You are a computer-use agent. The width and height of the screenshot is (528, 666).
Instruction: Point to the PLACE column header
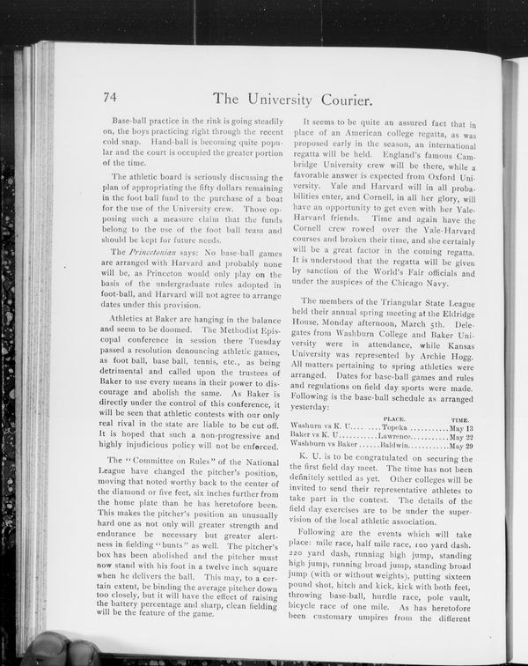(x=393, y=418)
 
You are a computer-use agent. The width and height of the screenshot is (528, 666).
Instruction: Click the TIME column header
(x=458, y=419)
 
